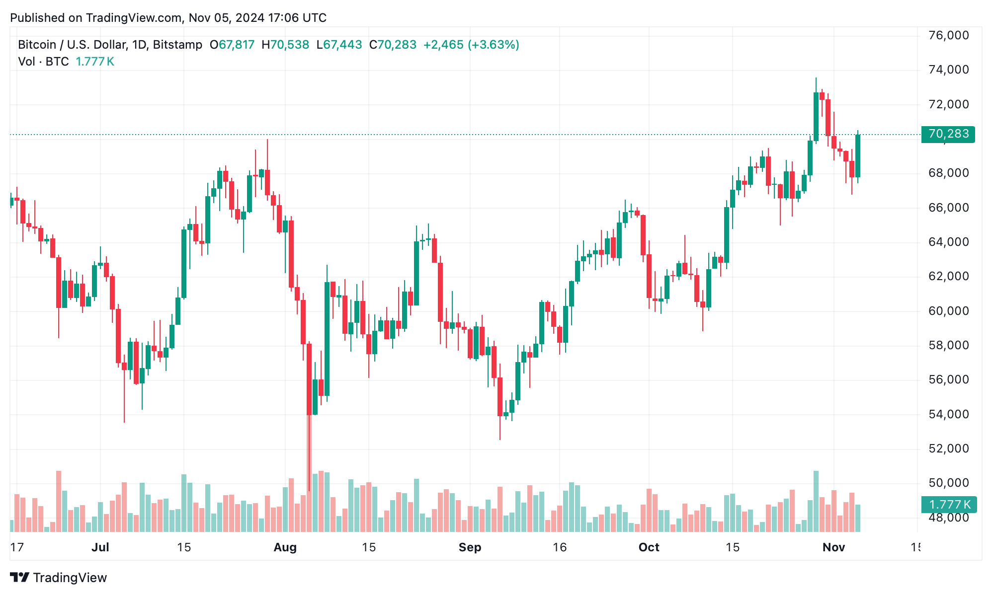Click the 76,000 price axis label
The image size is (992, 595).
(x=948, y=35)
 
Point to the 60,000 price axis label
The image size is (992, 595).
(x=948, y=311)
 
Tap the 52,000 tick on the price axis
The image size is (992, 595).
(x=948, y=448)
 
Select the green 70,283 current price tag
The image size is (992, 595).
(x=948, y=134)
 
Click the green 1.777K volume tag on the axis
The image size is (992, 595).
(x=949, y=505)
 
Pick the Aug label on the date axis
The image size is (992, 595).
(x=285, y=547)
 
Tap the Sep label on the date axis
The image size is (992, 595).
(x=470, y=547)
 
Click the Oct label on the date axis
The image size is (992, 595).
(x=649, y=547)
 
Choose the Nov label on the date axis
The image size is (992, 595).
(x=833, y=547)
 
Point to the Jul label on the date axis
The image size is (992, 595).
(x=100, y=547)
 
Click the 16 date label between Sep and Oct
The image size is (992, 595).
(x=560, y=547)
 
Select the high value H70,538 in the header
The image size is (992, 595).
(x=285, y=45)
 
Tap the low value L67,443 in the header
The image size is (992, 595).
(x=339, y=45)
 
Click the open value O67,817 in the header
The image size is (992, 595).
(x=232, y=45)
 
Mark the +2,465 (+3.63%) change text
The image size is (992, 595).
(x=471, y=45)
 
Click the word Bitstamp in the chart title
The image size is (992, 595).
(x=177, y=45)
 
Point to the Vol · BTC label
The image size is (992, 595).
(x=43, y=62)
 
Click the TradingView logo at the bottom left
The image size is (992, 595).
(x=59, y=578)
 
